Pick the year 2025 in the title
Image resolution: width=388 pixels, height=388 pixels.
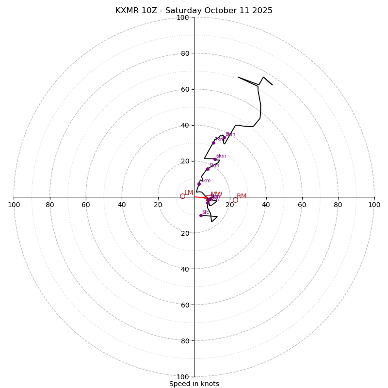pos(262,11)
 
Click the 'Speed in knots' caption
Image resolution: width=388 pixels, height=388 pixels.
pos(194,384)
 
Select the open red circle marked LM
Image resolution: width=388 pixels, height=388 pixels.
pos(182,196)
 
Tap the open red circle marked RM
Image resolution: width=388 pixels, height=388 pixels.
pos(235,200)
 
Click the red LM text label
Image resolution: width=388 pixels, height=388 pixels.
pos(189,193)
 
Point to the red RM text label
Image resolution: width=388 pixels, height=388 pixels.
pos(242,196)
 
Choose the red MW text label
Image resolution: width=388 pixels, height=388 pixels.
pos(216,194)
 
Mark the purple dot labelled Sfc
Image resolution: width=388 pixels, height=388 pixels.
pos(201,215)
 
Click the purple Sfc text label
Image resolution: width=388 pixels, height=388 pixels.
pos(206,212)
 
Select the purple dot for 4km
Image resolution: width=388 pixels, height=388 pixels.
pos(199,184)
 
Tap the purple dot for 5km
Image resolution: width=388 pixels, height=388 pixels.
pos(208,169)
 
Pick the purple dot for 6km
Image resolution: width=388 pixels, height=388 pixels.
pos(215,159)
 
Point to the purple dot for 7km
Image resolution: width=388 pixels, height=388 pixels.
pos(213,143)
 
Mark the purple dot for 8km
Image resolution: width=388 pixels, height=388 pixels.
pos(224,137)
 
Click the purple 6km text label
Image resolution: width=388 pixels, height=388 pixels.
pos(221,156)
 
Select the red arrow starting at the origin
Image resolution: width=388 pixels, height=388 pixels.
pos(200,197)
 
